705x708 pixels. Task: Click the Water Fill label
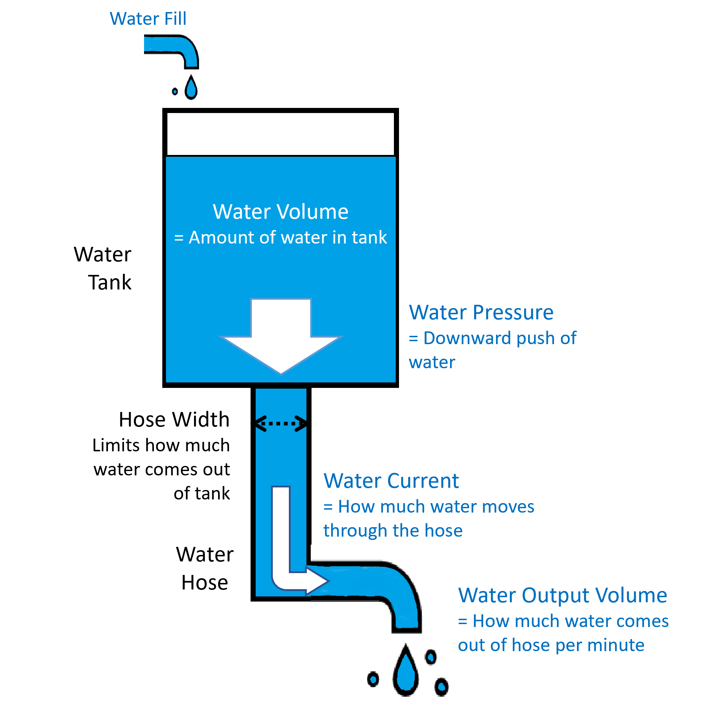coord(148,19)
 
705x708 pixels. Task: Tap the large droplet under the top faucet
coord(191,88)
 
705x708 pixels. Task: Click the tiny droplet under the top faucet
coord(175,91)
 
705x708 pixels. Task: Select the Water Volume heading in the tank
coord(280,212)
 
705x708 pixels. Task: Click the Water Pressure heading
coord(481,312)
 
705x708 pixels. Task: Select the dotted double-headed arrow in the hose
coord(281,424)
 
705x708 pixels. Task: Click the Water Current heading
coord(391,481)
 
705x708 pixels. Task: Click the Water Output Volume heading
coord(562,595)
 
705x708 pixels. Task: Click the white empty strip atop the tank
coord(280,134)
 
